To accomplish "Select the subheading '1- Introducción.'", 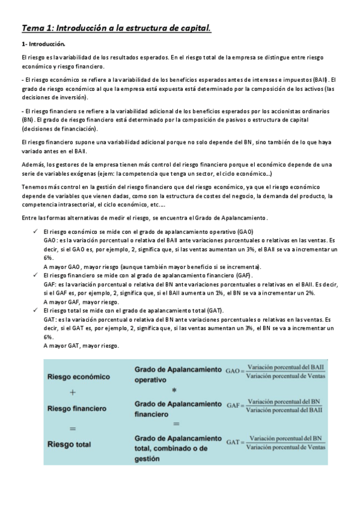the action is click(43, 45).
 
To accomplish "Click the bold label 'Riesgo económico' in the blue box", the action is click(79, 376).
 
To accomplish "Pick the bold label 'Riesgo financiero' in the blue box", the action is click(78, 408).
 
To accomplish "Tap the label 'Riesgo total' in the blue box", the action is click(69, 444).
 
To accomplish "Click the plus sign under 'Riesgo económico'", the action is click(72, 392).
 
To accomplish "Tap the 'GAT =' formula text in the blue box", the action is click(234, 443).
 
